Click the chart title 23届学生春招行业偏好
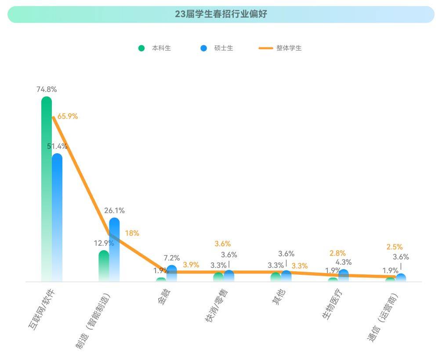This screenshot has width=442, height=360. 221,14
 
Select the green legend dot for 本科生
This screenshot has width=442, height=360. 141,48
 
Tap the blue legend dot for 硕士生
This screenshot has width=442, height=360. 203,48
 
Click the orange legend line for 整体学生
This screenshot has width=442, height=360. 265,48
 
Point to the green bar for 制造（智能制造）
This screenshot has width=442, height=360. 104,266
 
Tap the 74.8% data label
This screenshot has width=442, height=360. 47,89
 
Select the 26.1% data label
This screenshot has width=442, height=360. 114,210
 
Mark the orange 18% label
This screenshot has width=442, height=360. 132,233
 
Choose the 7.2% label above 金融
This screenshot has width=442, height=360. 171,258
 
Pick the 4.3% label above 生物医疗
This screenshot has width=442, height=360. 344,262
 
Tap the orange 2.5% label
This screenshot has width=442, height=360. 395,247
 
